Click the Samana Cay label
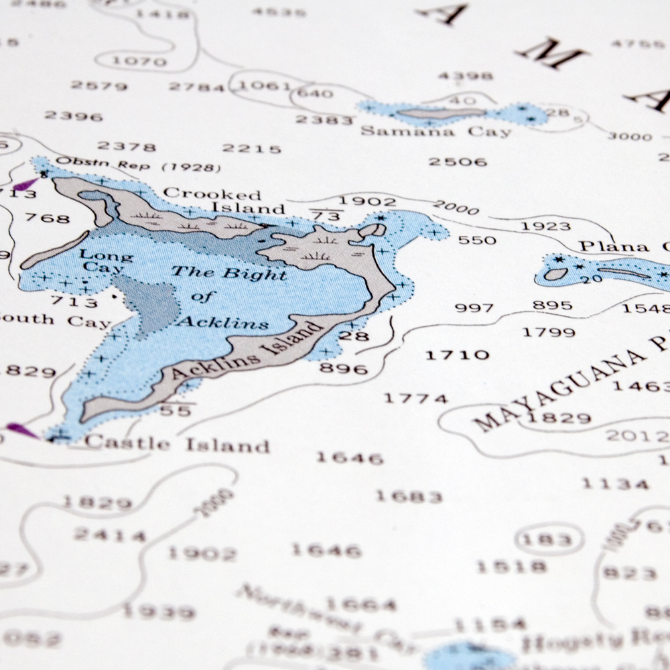[x=435, y=131]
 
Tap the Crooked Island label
[x=221, y=201]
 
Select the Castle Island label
[x=178, y=444]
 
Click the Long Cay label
[x=106, y=261]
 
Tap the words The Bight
[x=230, y=273]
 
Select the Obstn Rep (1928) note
[x=138, y=165]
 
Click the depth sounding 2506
[x=458, y=161]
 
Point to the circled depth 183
[x=548, y=539]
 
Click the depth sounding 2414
[x=110, y=535]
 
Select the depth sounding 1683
[x=409, y=496]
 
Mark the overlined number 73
[x=325, y=216]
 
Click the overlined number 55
[x=176, y=410]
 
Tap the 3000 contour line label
[x=629, y=137]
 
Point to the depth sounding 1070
[x=139, y=62]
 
